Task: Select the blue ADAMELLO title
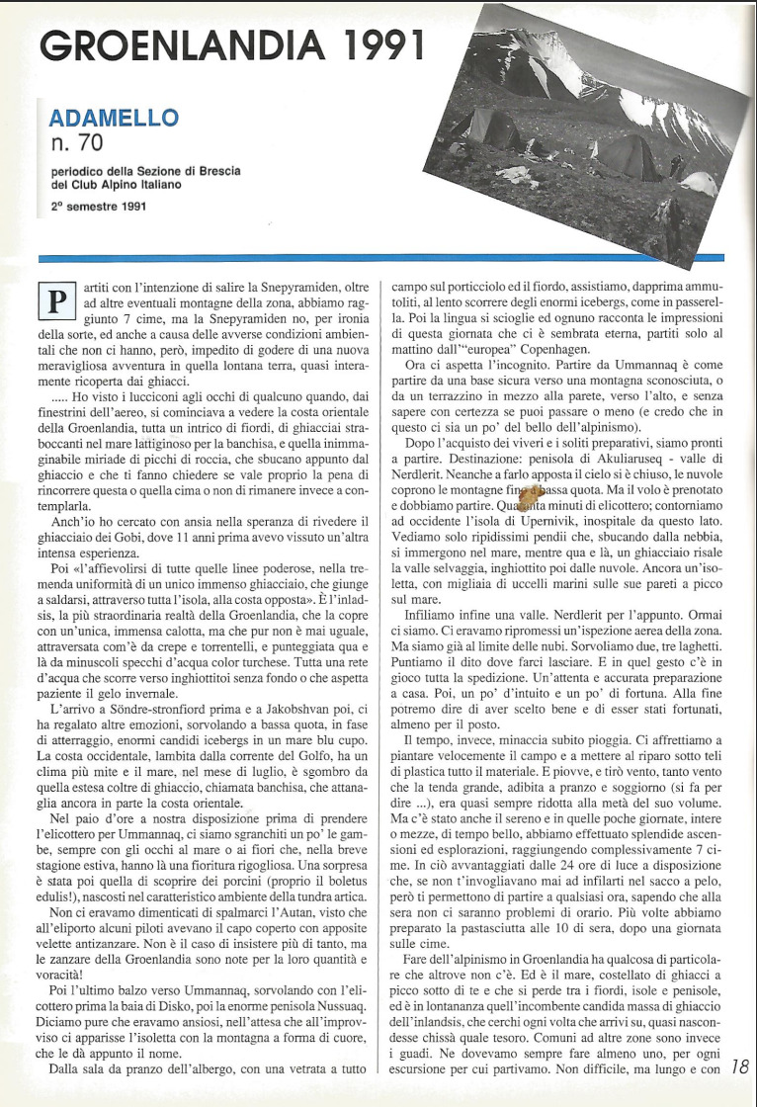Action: click(x=114, y=119)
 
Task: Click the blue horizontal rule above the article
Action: click(x=385, y=258)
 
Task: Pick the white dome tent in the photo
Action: click(x=699, y=183)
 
